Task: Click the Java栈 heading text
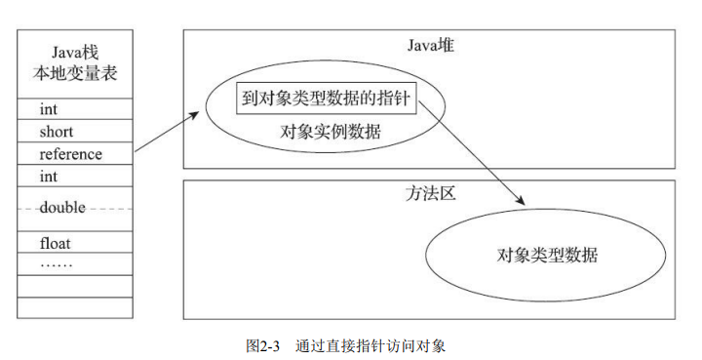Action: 75,49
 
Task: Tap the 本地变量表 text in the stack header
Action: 75,71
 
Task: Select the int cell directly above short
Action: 75,109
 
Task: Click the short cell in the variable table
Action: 75,132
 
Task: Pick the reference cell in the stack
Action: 75,154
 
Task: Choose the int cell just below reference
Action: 75,177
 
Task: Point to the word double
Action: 62,208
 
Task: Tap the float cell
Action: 75,243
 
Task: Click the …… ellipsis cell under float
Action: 75,263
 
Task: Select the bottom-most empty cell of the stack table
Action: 75,308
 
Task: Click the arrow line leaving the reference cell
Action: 161,135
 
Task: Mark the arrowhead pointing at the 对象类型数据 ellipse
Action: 522,200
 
